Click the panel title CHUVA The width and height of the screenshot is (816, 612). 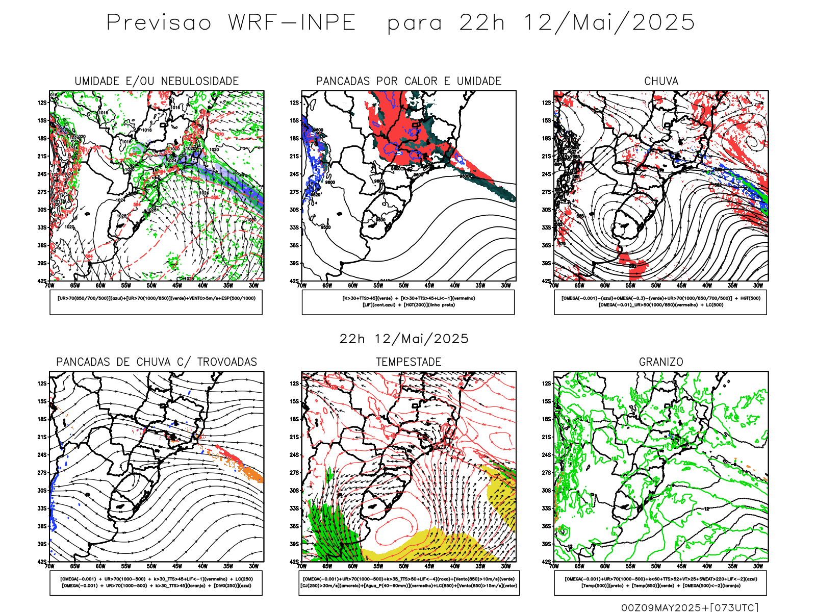coord(661,81)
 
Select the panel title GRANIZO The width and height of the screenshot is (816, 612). coord(661,362)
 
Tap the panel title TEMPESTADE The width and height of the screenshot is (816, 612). coord(409,362)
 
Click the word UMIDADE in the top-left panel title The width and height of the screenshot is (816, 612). coord(97,81)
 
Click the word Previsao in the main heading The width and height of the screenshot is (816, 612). coord(159,23)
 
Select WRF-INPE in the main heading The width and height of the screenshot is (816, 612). coord(292,23)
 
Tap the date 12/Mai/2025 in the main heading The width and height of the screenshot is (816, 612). coord(609,23)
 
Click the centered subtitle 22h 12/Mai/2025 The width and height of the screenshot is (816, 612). coord(404,339)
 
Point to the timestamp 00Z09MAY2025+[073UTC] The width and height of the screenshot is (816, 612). coord(690,607)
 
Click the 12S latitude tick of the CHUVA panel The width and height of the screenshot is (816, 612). coord(547,103)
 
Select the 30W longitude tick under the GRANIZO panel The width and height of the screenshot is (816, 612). coord(758,566)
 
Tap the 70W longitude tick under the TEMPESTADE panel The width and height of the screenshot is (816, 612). coord(302,566)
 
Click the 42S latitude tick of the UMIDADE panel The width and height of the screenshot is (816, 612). coord(41,281)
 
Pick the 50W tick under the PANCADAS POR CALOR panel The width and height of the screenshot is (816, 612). coord(404,286)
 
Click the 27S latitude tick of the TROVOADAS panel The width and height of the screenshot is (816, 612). coord(42,473)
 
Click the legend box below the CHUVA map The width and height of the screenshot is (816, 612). coord(660,302)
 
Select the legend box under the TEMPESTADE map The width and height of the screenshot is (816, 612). coord(409,582)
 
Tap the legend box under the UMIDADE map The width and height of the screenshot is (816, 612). coord(156,302)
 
